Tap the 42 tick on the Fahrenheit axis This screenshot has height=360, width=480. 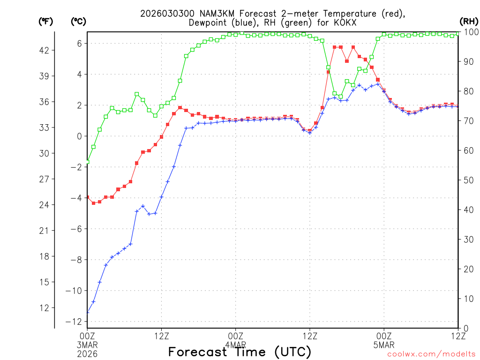click(x=47, y=50)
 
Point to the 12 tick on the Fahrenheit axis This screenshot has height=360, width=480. click(x=47, y=307)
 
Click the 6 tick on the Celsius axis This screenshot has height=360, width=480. click(x=80, y=43)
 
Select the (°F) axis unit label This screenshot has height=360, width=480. click(x=45, y=21)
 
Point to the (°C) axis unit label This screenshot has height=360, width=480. click(x=78, y=21)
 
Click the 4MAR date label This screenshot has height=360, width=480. click(x=235, y=344)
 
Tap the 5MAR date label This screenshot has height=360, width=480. click(x=384, y=344)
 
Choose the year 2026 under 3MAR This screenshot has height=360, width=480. click(x=87, y=352)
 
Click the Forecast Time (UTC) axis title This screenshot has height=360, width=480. click(x=240, y=352)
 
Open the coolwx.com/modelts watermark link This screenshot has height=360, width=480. click(x=431, y=354)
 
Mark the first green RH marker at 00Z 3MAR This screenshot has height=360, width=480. click(x=87, y=162)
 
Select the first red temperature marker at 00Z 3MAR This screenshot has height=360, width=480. click(x=87, y=197)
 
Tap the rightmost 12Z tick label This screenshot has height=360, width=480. click(x=458, y=335)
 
